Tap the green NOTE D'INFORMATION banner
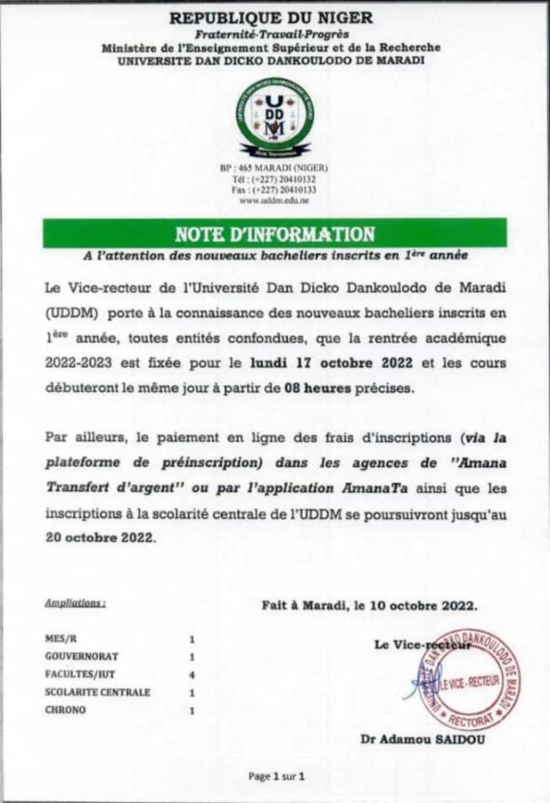point(275,233)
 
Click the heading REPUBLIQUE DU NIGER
point(271,18)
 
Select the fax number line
point(274,190)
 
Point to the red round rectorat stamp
point(468,679)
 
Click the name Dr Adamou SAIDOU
point(422,739)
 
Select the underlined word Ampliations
point(74,603)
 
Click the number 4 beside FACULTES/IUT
point(191,674)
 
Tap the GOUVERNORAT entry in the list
point(81,657)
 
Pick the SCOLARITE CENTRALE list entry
point(97,692)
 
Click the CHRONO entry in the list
point(65,710)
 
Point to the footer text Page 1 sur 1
point(277,776)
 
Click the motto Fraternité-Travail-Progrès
point(272,34)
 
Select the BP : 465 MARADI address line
point(274,167)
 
